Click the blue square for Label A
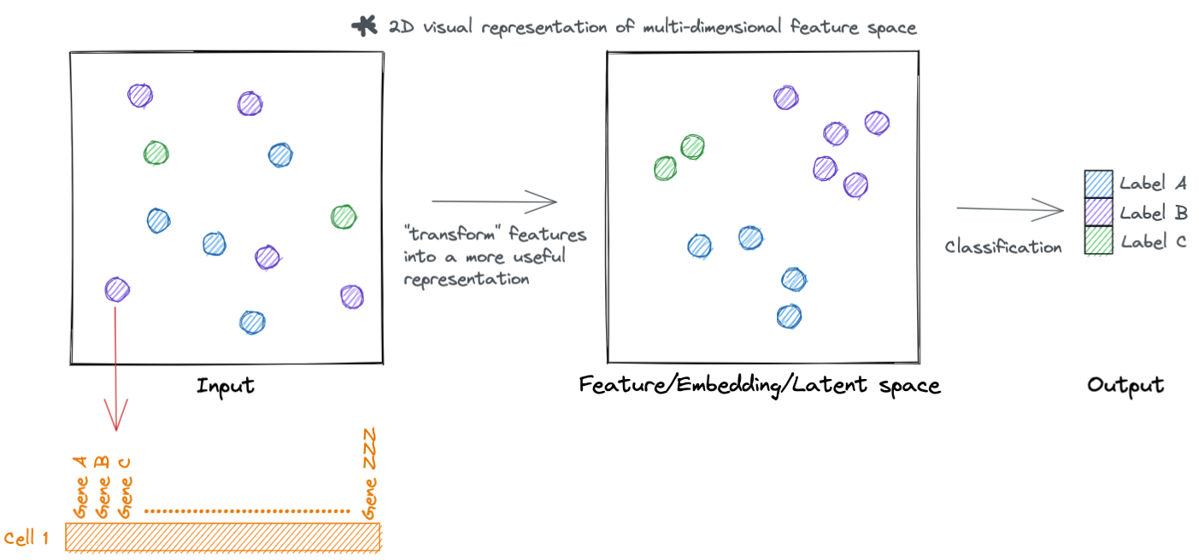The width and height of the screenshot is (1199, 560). (1098, 184)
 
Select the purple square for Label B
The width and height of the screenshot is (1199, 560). (1098, 212)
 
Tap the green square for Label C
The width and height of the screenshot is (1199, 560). (1098, 240)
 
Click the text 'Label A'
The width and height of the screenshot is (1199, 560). (1153, 184)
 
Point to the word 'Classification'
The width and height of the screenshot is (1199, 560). (1002, 247)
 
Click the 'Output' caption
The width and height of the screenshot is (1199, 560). (1125, 385)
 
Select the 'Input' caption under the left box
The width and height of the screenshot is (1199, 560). (226, 386)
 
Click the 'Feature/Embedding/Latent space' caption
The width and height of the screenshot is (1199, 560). (759, 386)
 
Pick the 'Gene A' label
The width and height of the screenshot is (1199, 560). (80, 487)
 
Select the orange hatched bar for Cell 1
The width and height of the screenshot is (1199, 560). (222, 537)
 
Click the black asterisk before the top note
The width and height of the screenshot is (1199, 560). (364, 26)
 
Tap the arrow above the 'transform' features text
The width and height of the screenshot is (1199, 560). (494, 202)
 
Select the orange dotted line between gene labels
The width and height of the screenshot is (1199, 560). (247, 511)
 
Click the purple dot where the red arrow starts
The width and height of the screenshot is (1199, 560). (116, 289)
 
